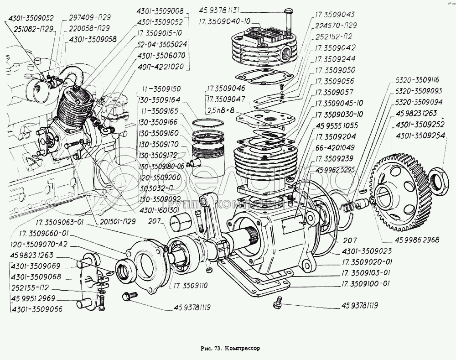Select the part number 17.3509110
tap(187, 286)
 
